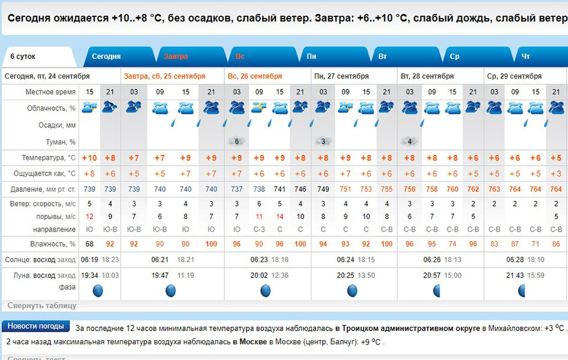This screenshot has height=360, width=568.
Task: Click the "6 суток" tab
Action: pyautogui.click(x=23, y=56)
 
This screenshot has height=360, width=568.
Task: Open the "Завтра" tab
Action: pyautogui.click(x=176, y=56)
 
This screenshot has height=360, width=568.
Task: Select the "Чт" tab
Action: pyautogui.click(x=525, y=56)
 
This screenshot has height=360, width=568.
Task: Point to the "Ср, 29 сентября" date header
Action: pyautogui.click(x=514, y=76)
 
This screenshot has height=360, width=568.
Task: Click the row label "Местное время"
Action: pyautogui.click(x=50, y=92)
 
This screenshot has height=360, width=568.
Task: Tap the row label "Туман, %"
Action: pyautogui.click(x=60, y=142)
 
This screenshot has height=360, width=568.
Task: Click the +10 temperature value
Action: pyautogui.click(x=89, y=158)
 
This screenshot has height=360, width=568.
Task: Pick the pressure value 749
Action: pyautogui.click(x=323, y=189)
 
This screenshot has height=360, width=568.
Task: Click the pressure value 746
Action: pyautogui.click(x=300, y=189)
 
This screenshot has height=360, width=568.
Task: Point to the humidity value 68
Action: pyautogui.click(x=89, y=244)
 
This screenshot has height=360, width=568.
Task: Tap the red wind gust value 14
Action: pyautogui.click(x=280, y=217)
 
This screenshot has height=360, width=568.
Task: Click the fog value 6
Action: pyautogui.click(x=237, y=142)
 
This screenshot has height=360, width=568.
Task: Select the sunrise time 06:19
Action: pyautogui.click(x=89, y=260)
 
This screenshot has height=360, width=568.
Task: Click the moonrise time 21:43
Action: pyautogui.click(x=514, y=275)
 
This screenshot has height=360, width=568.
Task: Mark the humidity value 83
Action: pyautogui.click(x=494, y=244)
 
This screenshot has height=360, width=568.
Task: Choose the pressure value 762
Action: pyautogui.click(x=473, y=189)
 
